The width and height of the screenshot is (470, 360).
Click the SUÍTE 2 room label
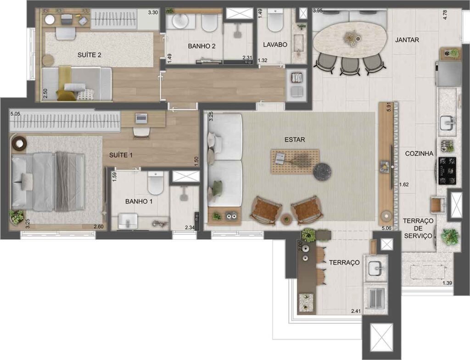click(x=90, y=55)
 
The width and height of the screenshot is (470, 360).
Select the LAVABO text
click(x=275, y=45)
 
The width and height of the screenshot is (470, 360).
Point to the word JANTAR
click(x=407, y=40)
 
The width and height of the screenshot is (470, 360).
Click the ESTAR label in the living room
click(x=295, y=139)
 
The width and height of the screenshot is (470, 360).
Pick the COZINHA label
click(x=419, y=154)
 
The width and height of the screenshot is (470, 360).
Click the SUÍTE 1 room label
click(x=121, y=155)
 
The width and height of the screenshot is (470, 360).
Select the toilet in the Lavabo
click(x=275, y=21)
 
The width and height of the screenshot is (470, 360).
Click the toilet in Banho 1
click(x=156, y=184)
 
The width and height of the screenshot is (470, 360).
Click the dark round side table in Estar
click(x=322, y=171)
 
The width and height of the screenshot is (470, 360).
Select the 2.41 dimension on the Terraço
click(x=356, y=312)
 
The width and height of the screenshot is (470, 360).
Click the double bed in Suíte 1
click(x=48, y=182)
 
